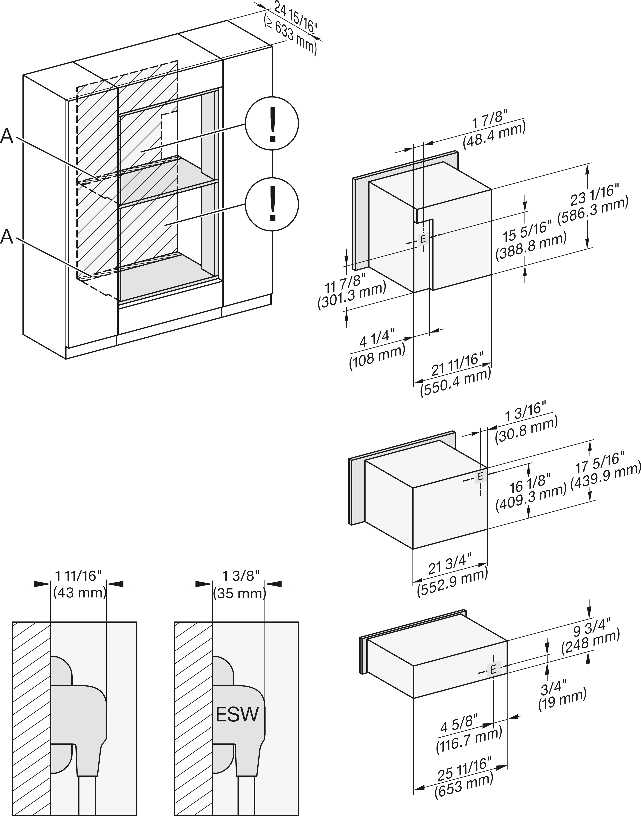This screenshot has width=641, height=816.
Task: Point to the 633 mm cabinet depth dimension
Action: point(290,36)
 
